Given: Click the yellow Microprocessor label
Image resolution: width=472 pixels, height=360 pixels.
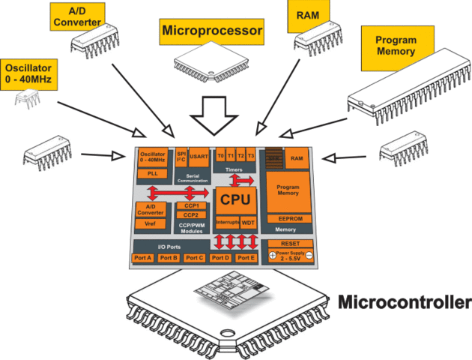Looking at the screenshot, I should pyautogui.click(x=212, y=31).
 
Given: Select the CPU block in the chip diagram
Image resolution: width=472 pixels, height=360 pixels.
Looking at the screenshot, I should pyautogui.click(x=236, y=200).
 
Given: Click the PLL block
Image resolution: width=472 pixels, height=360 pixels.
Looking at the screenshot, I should pyautogui.click(x=152, y=173).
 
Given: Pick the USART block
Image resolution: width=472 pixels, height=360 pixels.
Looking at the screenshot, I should pyautogui.click(x=199, y=157).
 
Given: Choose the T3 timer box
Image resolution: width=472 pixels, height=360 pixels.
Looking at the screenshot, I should pyautogui.click(x=251, y=156).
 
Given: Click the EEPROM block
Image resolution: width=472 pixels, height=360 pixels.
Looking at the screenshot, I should pyautogui.click(x=289, y=218).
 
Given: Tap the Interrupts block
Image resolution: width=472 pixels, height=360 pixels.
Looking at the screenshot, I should pyautogui.click(x=227, y=223).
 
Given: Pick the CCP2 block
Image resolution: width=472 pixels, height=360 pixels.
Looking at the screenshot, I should pyautogui.click(x=190, y=214).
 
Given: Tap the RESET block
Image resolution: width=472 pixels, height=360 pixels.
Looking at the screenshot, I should pyautogui.click(x=290, y=244).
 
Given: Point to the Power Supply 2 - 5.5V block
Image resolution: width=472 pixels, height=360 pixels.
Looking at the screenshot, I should pyautogui.click(x=290, y=256).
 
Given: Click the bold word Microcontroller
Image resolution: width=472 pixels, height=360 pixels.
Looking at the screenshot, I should pyautogui.click(x=404, y=303).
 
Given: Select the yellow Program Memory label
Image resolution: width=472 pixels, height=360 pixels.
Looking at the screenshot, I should pyautogui.click(x=396, y=46).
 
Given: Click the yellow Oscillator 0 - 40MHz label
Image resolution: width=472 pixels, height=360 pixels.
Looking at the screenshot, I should pyautogui.click(x=26, y=71).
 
